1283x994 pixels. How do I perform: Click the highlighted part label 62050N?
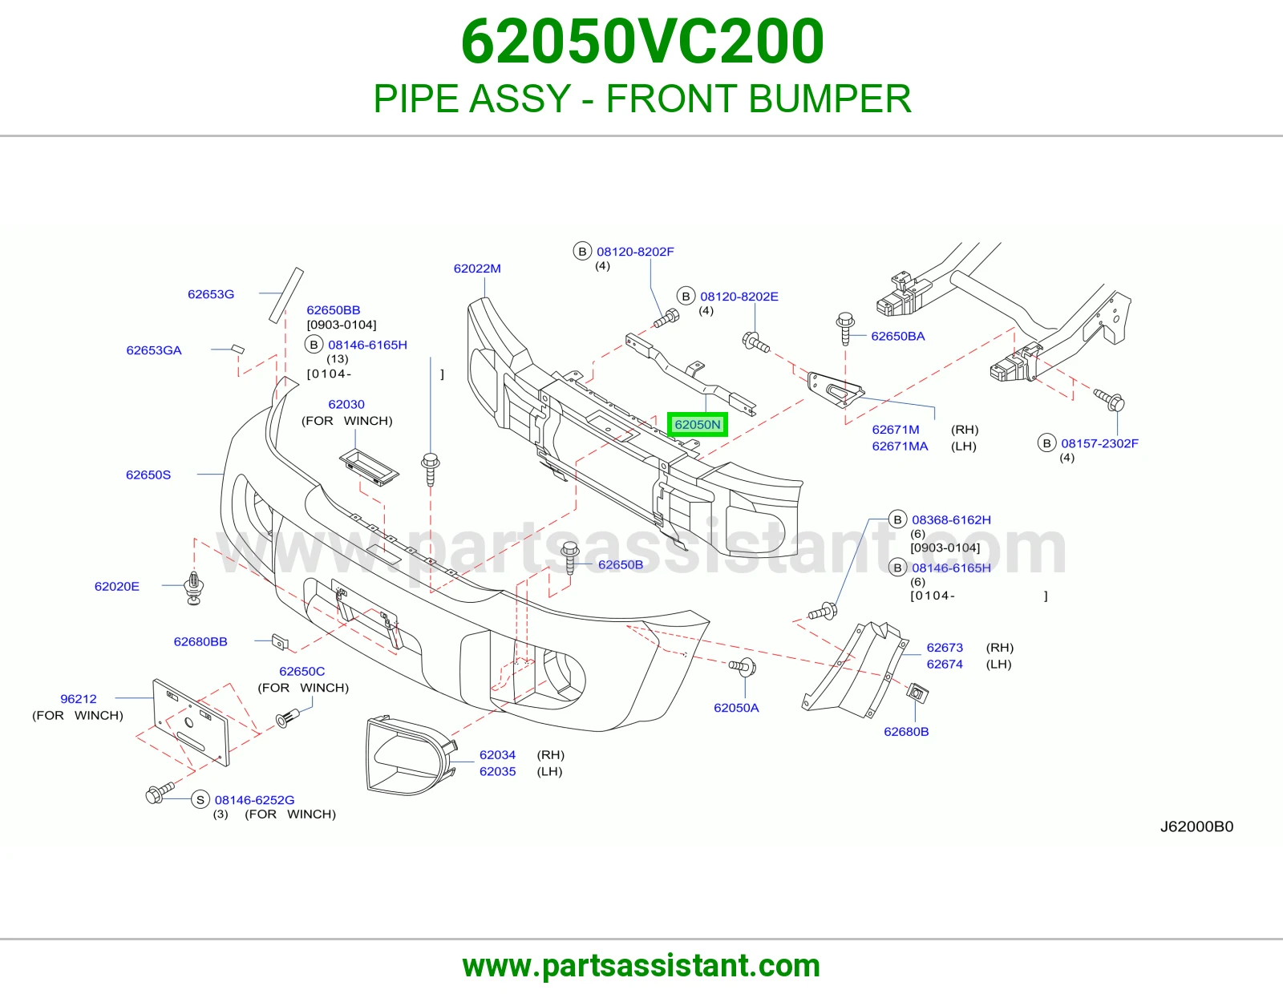[698, 424]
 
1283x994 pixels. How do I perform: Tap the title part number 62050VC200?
[641, 41]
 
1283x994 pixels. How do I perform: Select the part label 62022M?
[477, 269]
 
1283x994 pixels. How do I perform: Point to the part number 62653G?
[211, 294]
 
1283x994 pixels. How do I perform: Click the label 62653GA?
[154, 350]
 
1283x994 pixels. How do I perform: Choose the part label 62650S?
[148, 475]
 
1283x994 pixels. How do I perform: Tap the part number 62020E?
[117, 586]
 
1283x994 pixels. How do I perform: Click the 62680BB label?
[200, 641]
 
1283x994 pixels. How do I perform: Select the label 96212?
[79, 699]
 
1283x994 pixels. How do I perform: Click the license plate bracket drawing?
[191, 722]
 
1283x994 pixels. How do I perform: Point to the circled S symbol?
[200, 800]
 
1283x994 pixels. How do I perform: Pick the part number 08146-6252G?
[254, 800]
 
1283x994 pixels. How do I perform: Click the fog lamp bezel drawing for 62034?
[410, 757]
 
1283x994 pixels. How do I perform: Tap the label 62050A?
[736, 708]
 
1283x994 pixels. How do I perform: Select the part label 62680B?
[906, 731]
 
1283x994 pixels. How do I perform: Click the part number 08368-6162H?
[951, 520]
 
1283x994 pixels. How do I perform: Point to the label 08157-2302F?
[1099, 443]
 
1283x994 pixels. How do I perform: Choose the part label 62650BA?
[898, 336]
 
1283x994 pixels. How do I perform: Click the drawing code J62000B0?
[1196, 826]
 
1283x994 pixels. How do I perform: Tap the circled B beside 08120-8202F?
[582, 252]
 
